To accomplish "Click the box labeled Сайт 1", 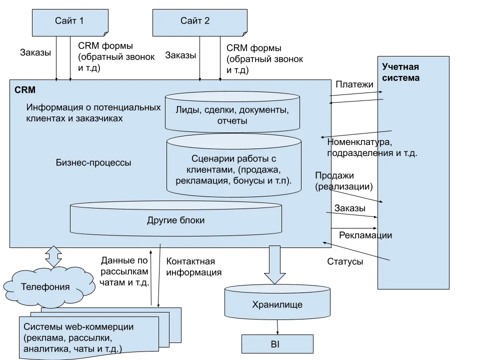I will click(69, 21).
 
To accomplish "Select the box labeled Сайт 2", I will click(199, 21).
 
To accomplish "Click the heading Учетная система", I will click(400, 72).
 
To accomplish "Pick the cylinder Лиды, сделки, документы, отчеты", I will click(232, 114).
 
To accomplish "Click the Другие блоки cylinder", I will click(175, 220).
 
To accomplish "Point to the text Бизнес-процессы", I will click(94, 163).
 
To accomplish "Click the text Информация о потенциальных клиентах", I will click(93, 113).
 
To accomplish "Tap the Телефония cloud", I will click(45, 287).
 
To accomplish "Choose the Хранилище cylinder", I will click(277, 304).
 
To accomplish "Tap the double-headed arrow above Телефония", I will click(52, 256).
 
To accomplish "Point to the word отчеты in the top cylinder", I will click(232, 120).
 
